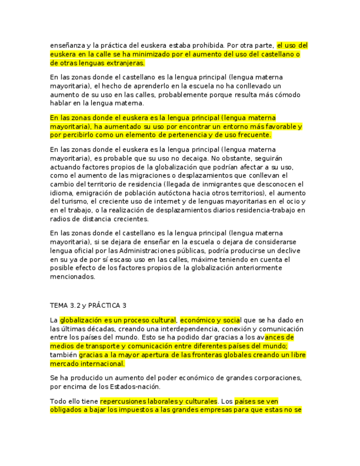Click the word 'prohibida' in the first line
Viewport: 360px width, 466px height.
[207, 46]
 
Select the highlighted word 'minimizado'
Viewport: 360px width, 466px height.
[147, 54]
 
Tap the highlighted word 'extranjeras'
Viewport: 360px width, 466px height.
[125, 63]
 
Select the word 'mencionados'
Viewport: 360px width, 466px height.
[73, 277]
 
